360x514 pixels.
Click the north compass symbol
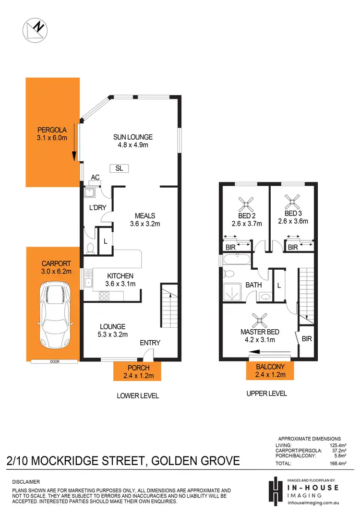pos(35,30)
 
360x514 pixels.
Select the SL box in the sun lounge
pos(119,168)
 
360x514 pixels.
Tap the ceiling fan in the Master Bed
pos(261,319)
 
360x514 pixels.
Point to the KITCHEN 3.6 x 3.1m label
pos(120,280)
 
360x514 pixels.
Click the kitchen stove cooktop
pos(103,296)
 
